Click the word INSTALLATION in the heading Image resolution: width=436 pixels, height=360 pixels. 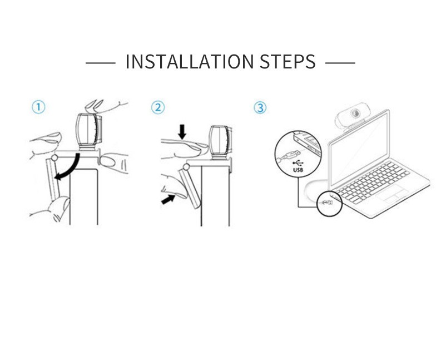(190, 61)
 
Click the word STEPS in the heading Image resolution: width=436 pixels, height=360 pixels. (288, 61)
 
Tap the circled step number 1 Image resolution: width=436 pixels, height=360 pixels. (38, 107)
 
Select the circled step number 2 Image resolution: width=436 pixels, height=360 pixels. (158, 107)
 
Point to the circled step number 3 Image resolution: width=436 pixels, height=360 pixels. (260, 107)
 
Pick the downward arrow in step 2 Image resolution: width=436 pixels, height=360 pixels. (182, 131)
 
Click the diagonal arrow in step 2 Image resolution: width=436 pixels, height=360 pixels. (168, 199)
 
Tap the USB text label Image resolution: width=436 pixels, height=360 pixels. (298, 170)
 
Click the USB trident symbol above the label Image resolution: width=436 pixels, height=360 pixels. (298, 164)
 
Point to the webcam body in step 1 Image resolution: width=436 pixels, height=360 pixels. (89, 131)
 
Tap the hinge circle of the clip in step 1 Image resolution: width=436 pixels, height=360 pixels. (54, 158)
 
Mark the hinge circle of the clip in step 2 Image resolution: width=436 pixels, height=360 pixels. (186, 167)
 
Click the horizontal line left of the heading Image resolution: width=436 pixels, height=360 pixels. (100, 63)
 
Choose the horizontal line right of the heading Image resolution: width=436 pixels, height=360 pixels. (340, 63)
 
